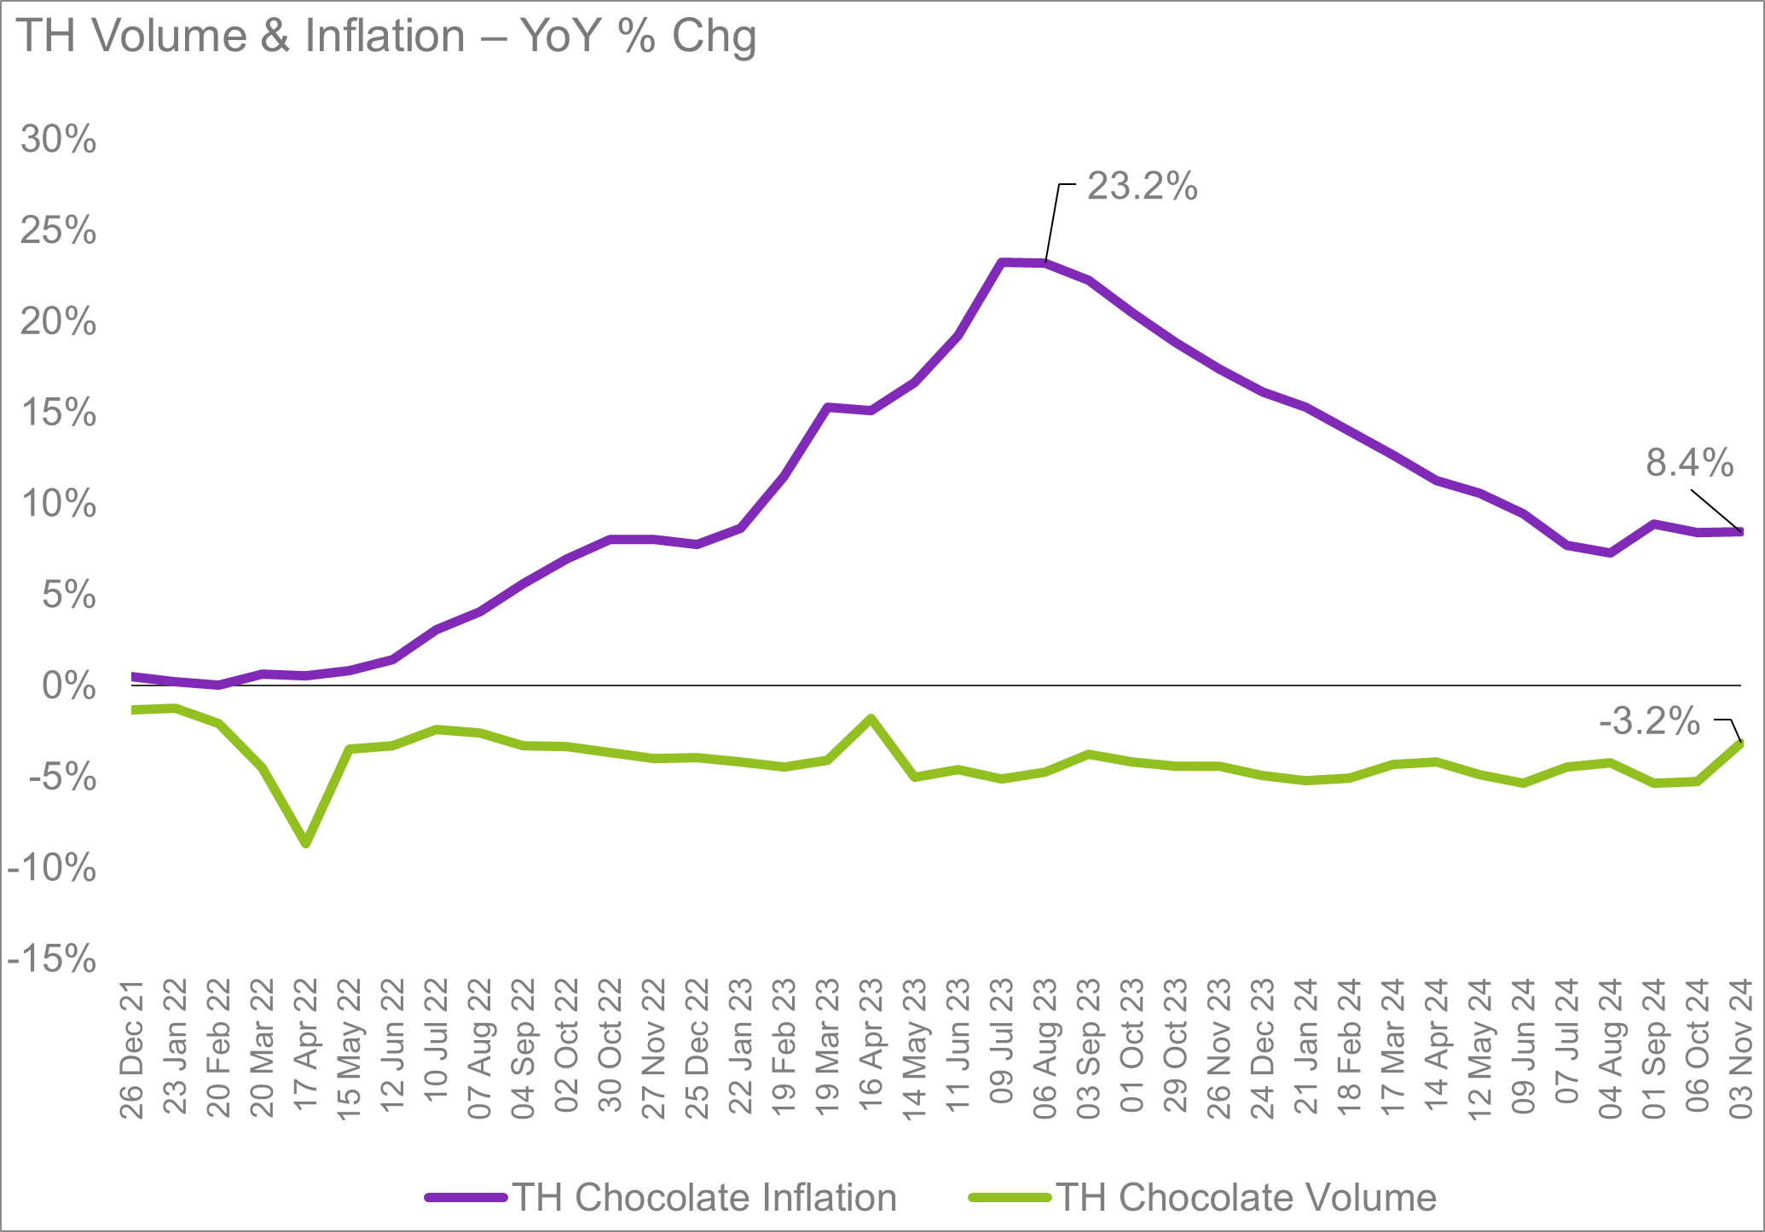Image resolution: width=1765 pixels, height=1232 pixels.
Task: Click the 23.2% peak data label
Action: pos(1142,187)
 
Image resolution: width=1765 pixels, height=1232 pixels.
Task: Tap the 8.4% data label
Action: pos(1689,463)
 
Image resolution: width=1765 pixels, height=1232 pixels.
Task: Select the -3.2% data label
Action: pos(1649,722)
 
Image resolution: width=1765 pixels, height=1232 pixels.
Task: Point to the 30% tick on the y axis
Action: pos(58,139)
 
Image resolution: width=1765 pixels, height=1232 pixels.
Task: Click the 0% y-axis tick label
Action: pos(68,686)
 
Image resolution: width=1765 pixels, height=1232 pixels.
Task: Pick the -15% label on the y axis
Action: pos(51,960)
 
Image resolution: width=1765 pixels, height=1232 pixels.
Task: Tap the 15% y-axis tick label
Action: pos(58,413)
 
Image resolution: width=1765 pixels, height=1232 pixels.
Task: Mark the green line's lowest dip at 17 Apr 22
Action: pos(306,843)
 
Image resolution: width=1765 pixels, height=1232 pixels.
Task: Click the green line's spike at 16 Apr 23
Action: pos(871,719)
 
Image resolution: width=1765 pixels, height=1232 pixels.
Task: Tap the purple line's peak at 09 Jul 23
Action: pos(1002,263)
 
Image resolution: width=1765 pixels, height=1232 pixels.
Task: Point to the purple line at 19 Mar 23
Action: pos(827,408)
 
